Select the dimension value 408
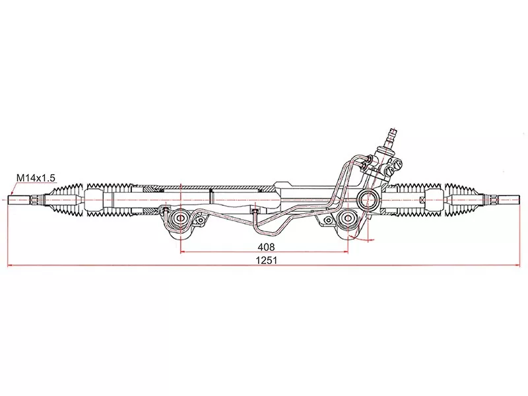pyautogui.click(x=267, y=246)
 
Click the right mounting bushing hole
pyautogui.click(x=348, y=218)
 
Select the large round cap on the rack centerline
pyautogui.click(x=369, y=197)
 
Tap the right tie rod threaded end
pyautogui.click(x=509, y=197)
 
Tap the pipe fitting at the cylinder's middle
pyautogui.click(x=254, y=213)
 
